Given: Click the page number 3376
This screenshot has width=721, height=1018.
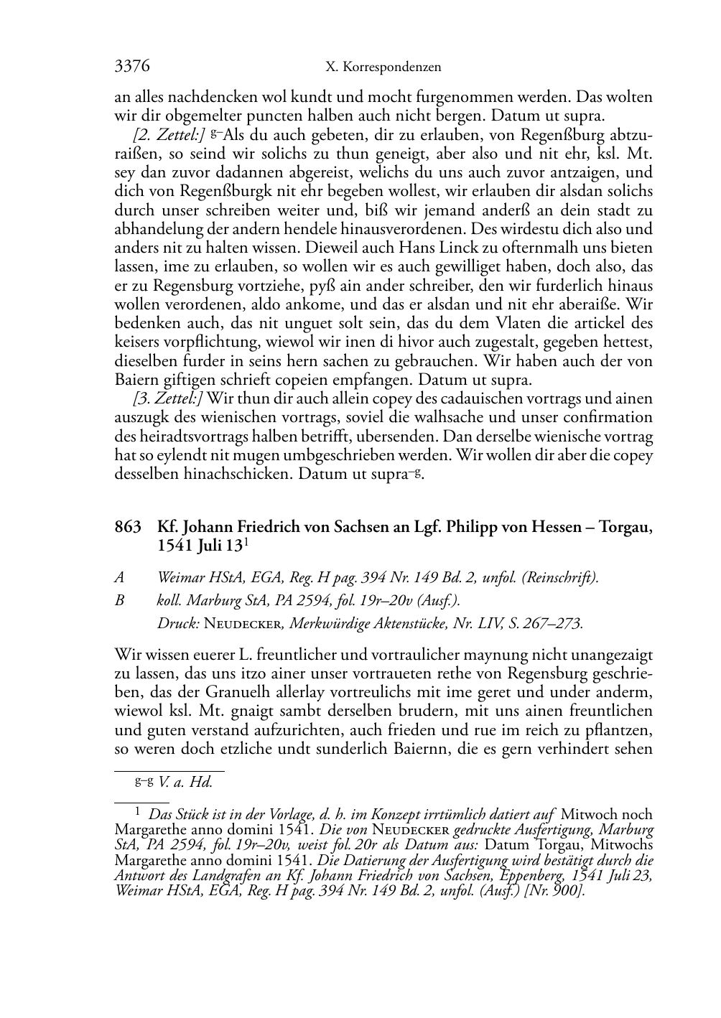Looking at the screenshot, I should (132, 67).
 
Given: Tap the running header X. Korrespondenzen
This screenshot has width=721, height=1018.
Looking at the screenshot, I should (383, 67).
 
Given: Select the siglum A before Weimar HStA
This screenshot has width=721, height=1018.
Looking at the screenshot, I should (119, 577).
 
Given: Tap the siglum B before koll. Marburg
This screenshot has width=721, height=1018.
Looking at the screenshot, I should (119, 600).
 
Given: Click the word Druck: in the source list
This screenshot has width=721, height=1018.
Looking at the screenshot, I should (178, 623).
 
